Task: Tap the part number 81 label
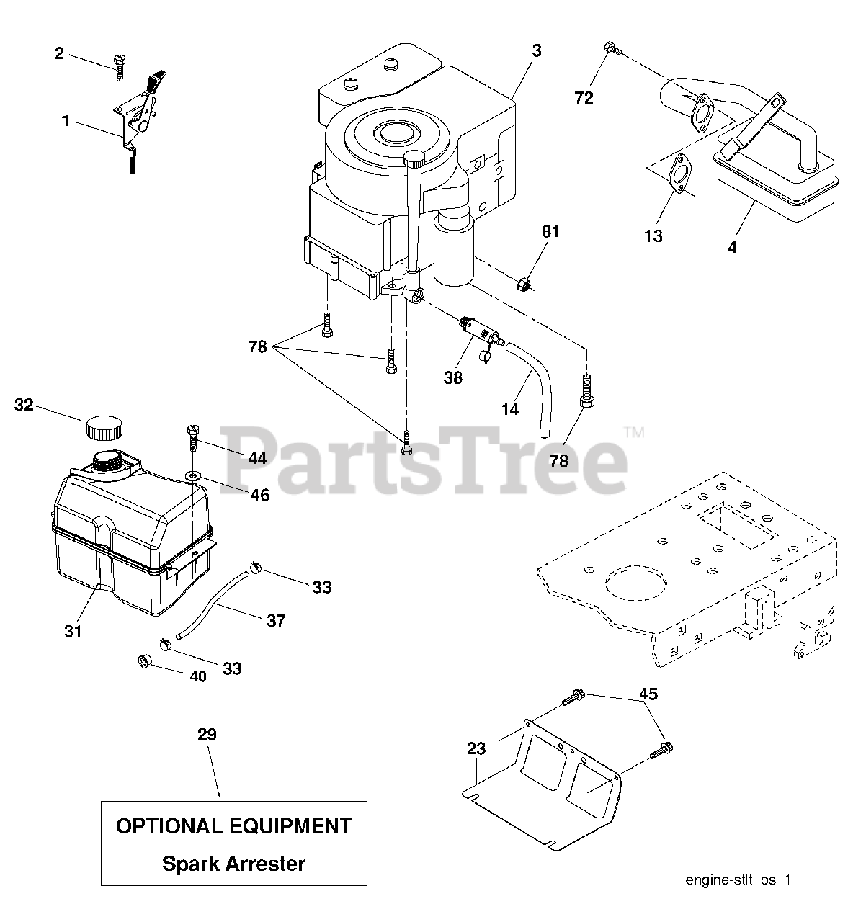550,232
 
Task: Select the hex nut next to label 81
526,285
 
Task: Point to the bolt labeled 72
612,50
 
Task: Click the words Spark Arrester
233,863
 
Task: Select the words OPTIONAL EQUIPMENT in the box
233,825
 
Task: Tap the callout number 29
207,735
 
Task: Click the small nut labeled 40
145,661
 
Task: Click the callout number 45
648,694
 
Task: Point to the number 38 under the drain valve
453,377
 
